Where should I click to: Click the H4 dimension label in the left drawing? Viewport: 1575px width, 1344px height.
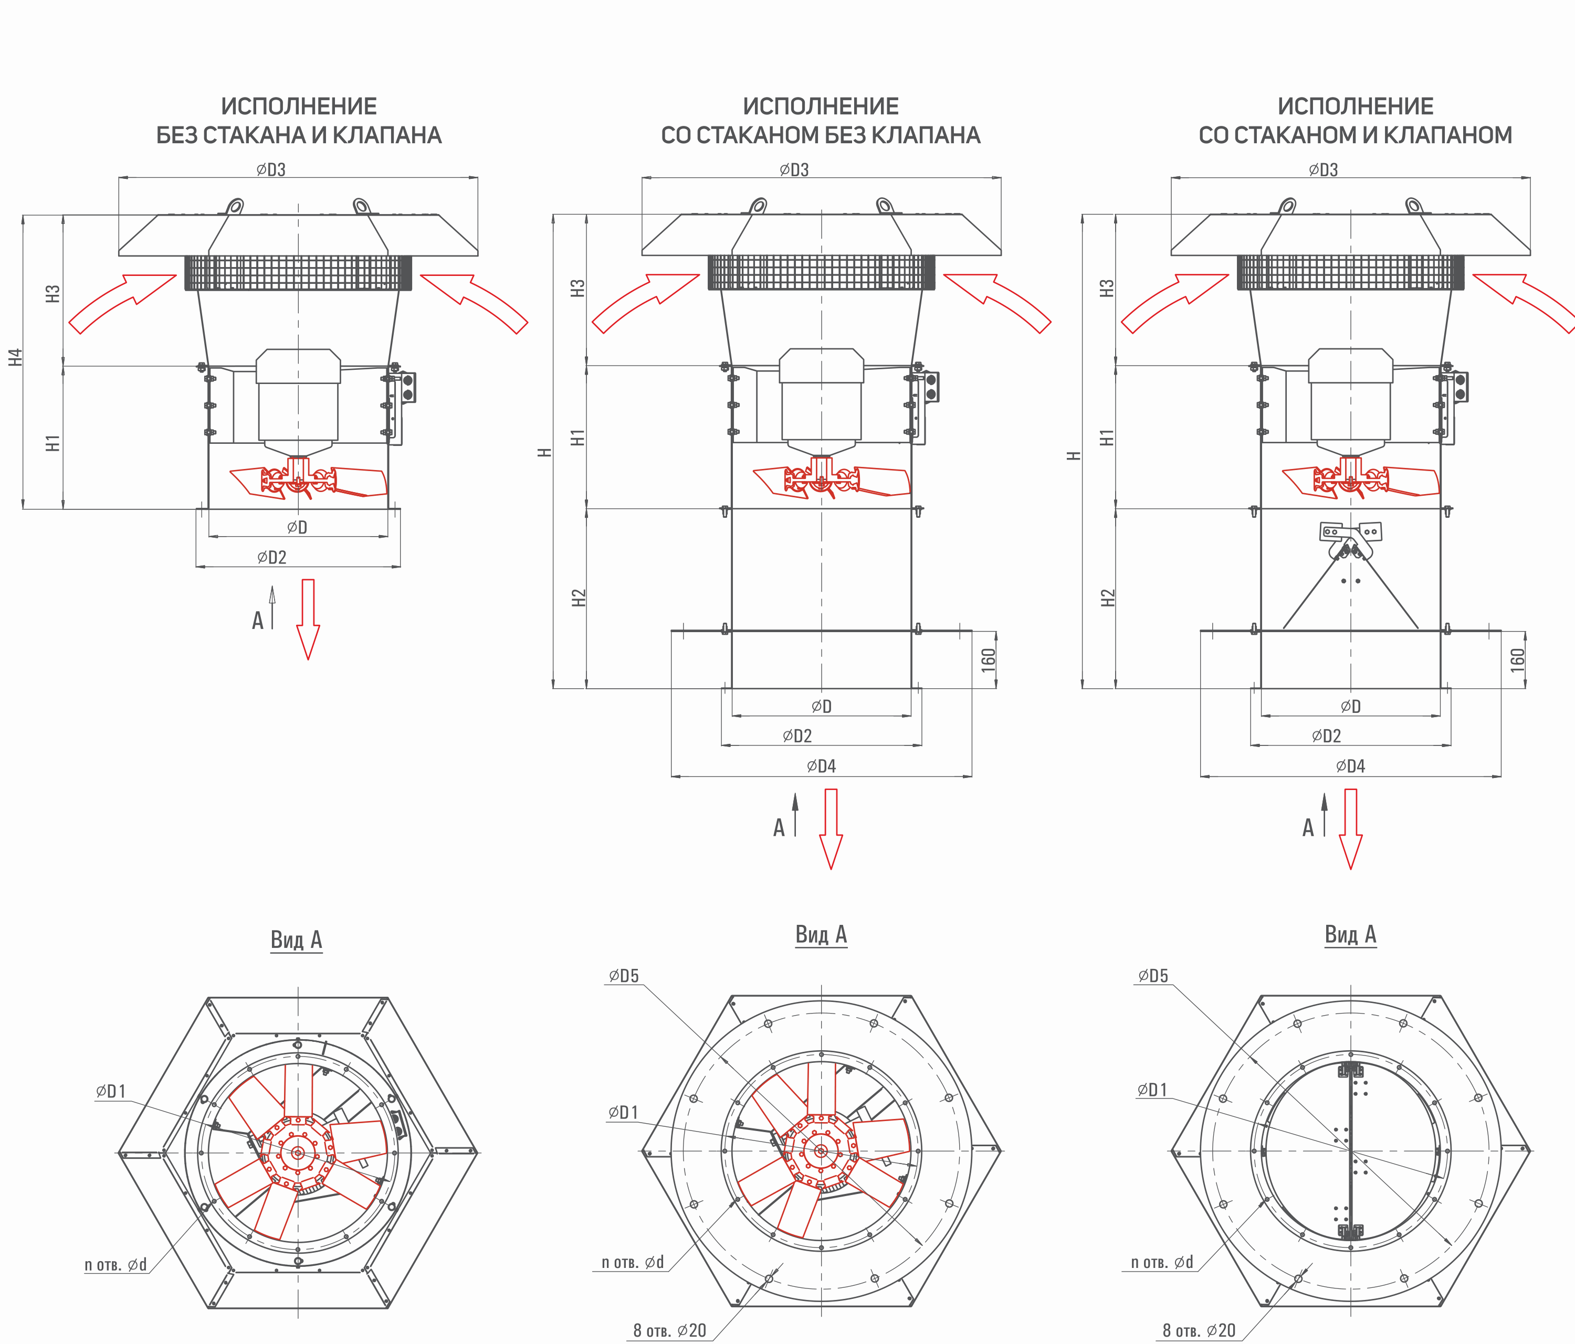pos(16,357)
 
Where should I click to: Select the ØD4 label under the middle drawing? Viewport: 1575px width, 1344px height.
pos(821,766)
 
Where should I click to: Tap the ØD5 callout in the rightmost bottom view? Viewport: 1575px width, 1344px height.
pos(1153,976)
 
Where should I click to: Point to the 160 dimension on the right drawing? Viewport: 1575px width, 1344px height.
pos(1517,659)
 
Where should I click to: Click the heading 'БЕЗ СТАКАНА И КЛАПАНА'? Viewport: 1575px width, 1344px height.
pos(299,135)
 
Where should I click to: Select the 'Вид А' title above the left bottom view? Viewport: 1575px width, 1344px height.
pos(297,940)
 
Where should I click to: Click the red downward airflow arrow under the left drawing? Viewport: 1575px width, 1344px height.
pos(308,619)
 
